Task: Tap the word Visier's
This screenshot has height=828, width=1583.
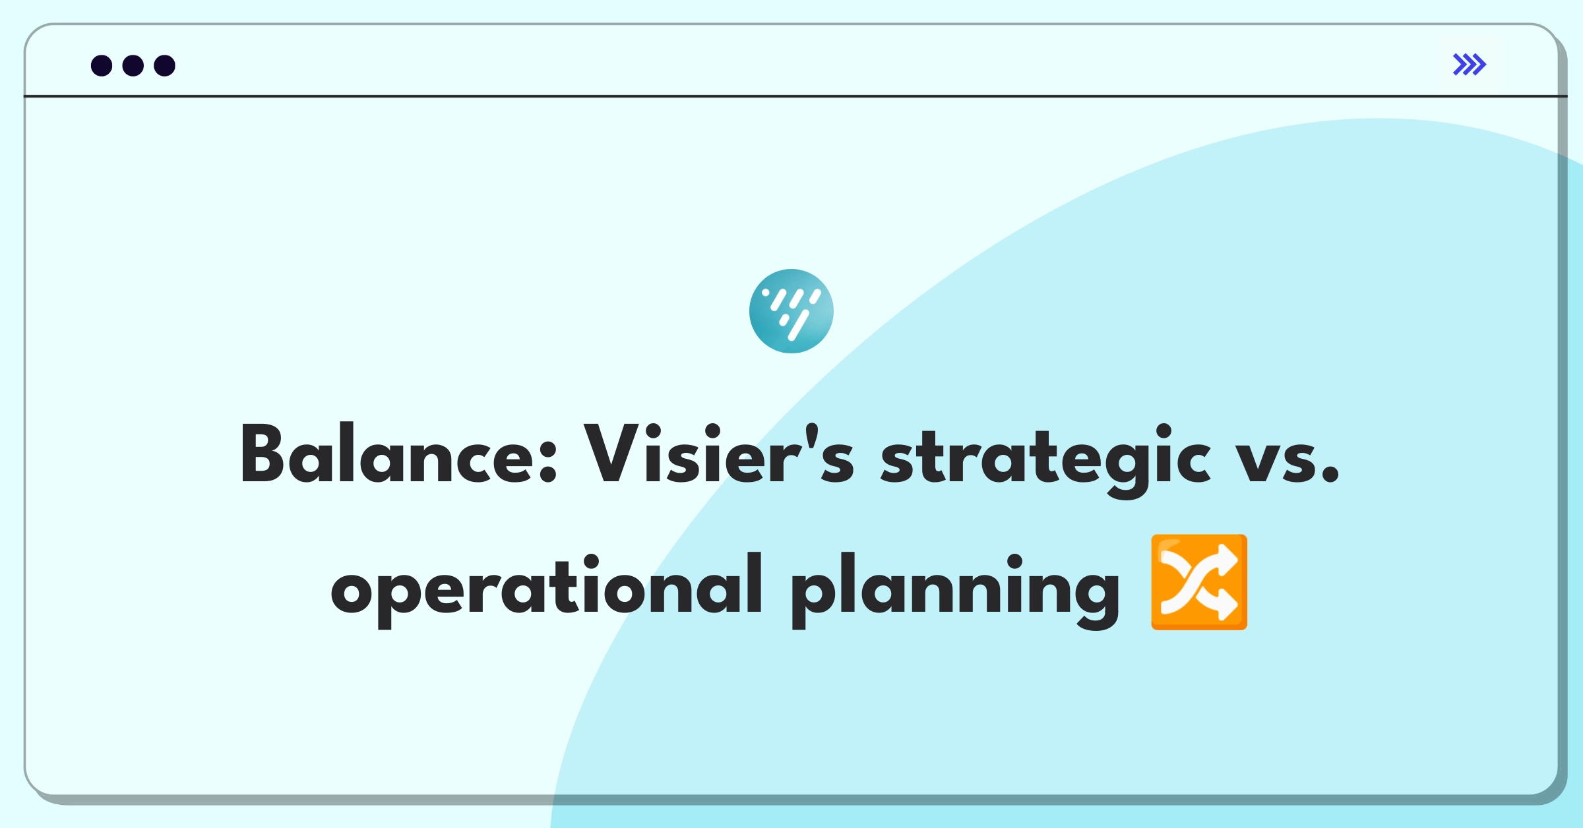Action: click(x=719, y=454)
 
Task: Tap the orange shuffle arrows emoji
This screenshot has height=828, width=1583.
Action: click(x=1199, y=582)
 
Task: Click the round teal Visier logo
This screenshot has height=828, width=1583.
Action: click(x=791, y=311)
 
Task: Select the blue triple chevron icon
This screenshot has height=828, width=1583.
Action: click(x=1470, y=65)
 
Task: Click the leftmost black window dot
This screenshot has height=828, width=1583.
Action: click(x=102, y=65)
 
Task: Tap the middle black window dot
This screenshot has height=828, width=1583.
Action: click(x=133, y=65)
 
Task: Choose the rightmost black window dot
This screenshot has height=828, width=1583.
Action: click(x=165, y=65)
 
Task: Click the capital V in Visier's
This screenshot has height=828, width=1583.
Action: click(x=612, y=454)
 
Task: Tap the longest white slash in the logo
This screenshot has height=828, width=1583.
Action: click(x=799, y=325)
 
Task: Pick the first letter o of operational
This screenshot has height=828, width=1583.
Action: click(x=354, y=591)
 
